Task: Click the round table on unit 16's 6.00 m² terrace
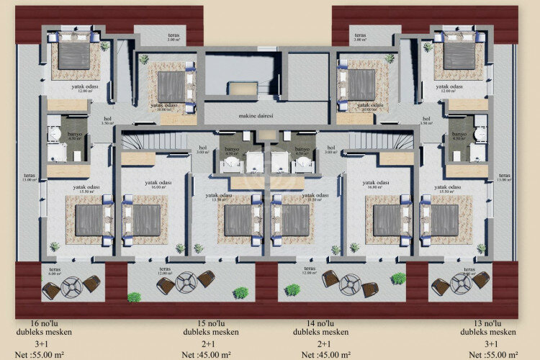coord(72,287)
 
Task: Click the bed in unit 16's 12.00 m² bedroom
coord(73,55)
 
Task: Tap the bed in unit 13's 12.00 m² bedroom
coord(459,55)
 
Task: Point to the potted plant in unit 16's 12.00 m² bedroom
coord(105,46)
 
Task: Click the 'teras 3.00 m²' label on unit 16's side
coord(172,37)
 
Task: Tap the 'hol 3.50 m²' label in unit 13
coord(426,121)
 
